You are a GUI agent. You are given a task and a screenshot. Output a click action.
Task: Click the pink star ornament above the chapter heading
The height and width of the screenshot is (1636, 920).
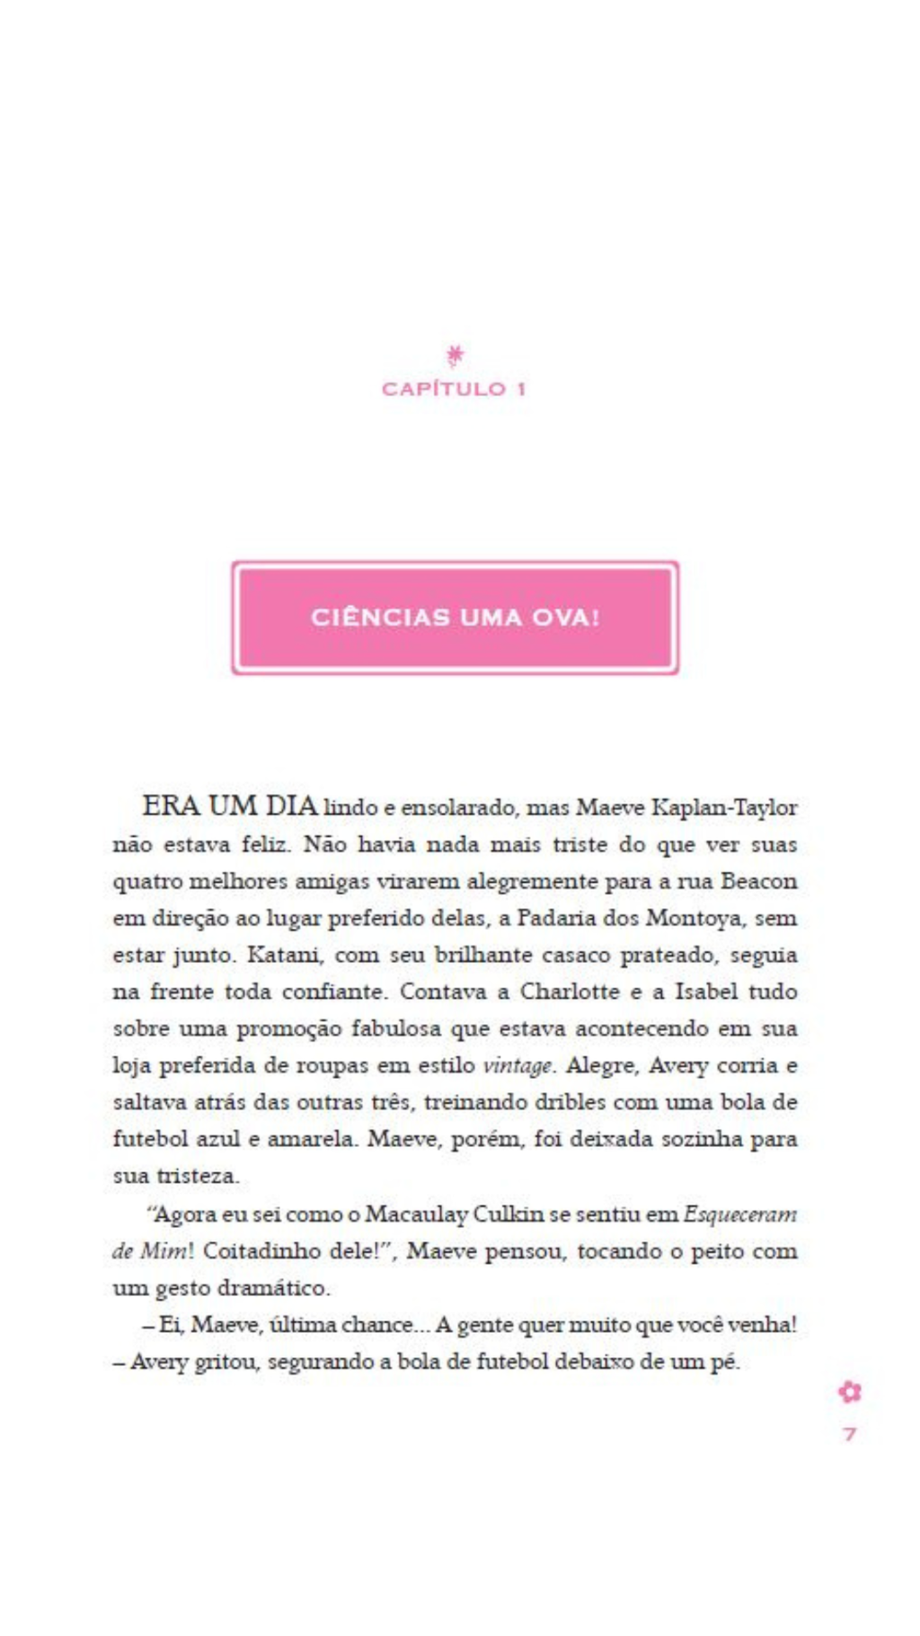pyautogui.click(x=456, y=356)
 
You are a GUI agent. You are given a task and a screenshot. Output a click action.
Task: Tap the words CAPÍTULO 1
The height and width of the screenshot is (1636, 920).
pyautogui.click(x=454, y=389)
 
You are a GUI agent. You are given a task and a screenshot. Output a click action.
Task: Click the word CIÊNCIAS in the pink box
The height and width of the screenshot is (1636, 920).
pyautogui.click(x=380, y=618)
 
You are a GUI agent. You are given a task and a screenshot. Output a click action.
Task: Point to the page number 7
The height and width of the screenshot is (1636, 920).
pyautogui.click(x=850, y=1434)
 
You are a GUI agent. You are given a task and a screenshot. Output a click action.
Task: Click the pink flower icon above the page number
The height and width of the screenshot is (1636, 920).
pyautogui.click(x=850, y=1392)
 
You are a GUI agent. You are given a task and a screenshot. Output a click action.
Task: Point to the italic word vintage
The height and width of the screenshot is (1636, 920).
pyautogui.click(x=518, y=1066)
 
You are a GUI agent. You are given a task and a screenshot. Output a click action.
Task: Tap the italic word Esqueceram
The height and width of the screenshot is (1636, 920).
pyautogui.click(x=740, y=1214)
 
